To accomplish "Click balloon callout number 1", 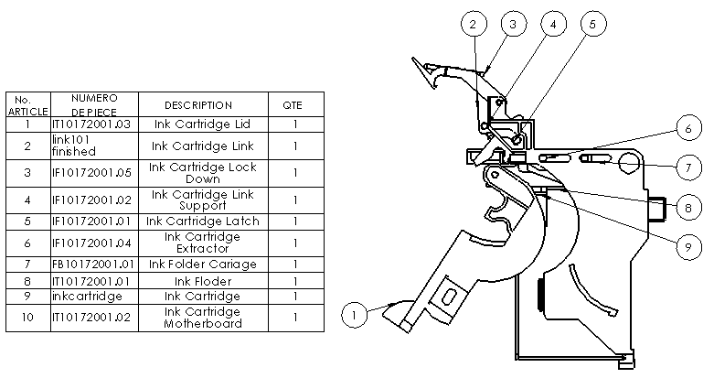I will pyautogui.click(x=356, y=315).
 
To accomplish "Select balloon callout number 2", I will pyautogui.click(x=472, y=25).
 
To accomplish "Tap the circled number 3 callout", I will pyautogui.click(x=512, y=25).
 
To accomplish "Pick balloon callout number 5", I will pyautogui.click(x=592, y=25).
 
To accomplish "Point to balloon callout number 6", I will pyautogui.click(x=688, y=129).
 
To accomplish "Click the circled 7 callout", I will pyautogui.click(x=688, y=169).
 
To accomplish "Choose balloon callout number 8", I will pyautogui.click(x=688, y=208).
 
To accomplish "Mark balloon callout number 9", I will pyautogui.click(x=688, y=245).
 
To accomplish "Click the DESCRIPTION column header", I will pyautogui.click(x=198, y=105).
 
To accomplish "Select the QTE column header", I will pyautogui.click(x=295, y=105).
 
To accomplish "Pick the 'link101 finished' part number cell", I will pyautogui.click(x=94, y=146).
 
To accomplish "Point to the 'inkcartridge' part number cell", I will pyautogui.click(x=94, y=297).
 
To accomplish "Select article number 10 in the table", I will pyautogui.click(x=27, y=318).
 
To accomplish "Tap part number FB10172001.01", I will pyautogui.click(x=94, y=265).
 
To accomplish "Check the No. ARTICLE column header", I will pyautogui.click(x=27, y=104).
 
